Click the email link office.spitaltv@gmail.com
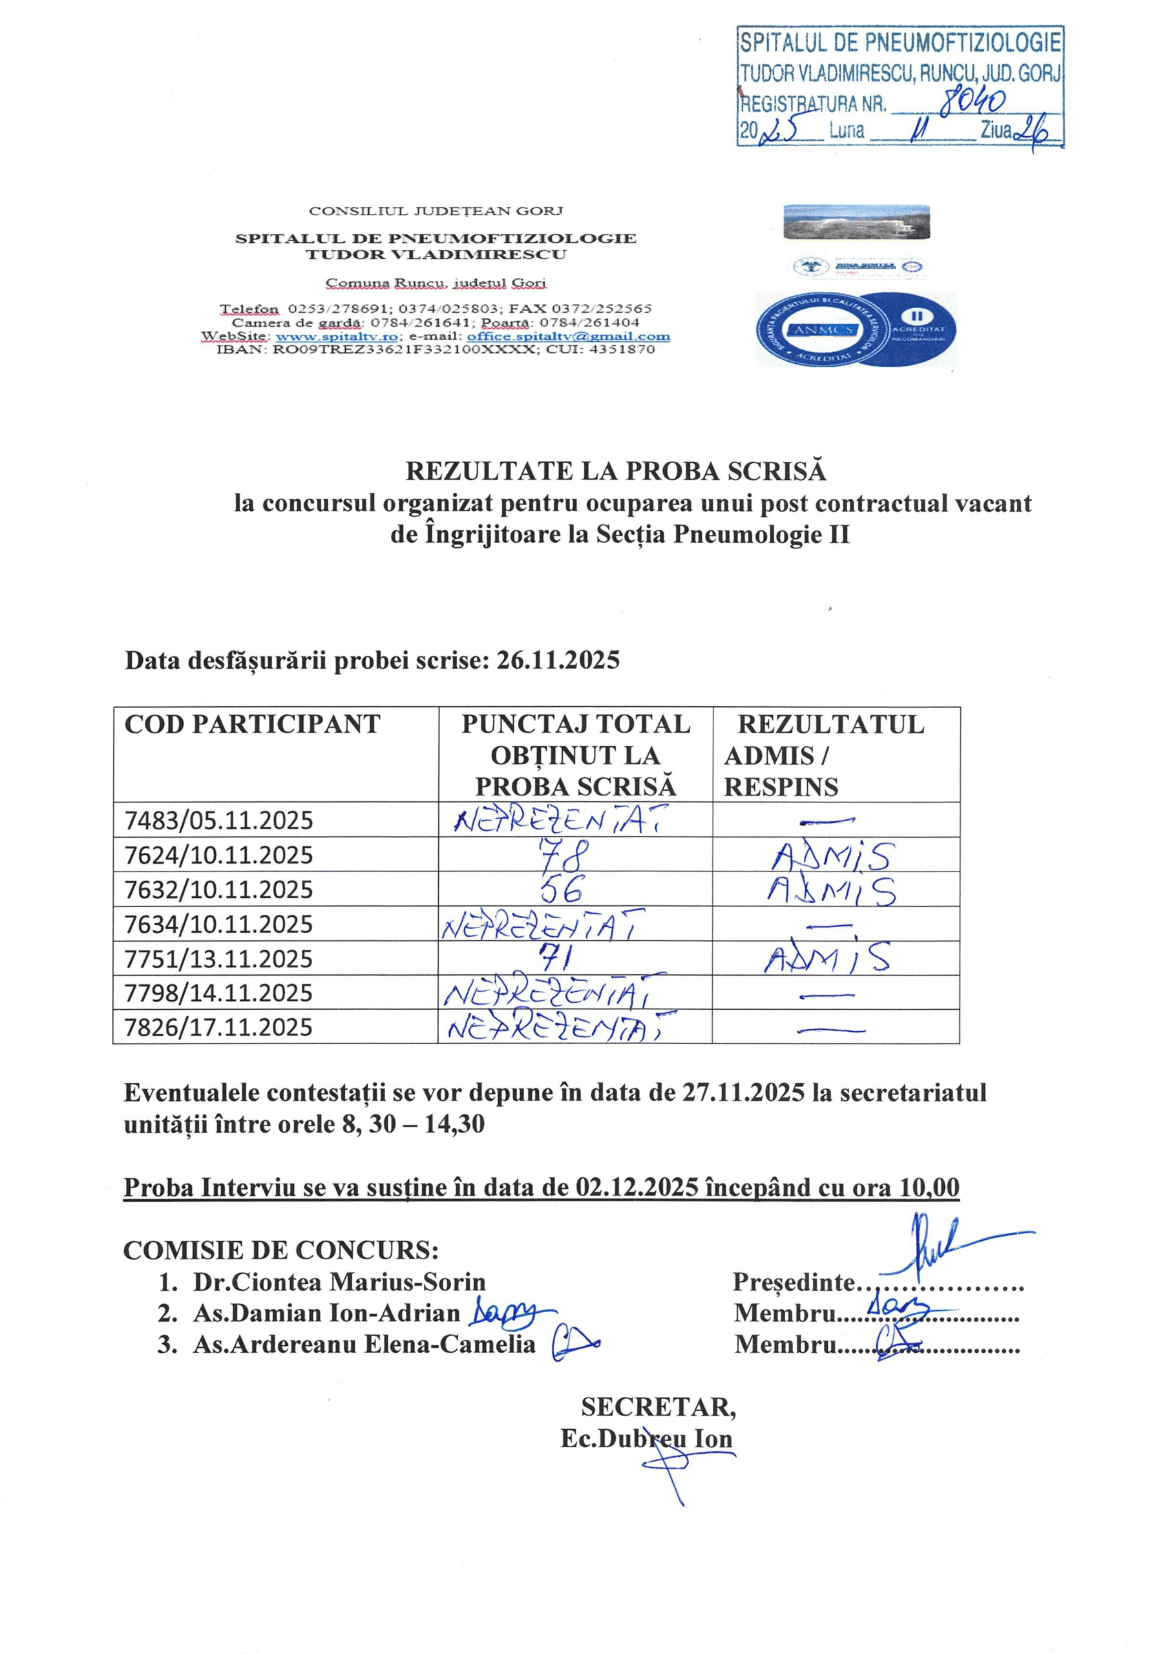point(568,337)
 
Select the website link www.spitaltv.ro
point(337,337)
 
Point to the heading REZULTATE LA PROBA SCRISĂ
point(615,470)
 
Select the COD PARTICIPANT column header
point(252,724)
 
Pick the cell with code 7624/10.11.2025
point(219,855)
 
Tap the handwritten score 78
point(570,855)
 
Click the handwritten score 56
point(562,890)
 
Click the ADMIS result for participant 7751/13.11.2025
point(827,958)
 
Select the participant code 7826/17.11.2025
point(219,1027)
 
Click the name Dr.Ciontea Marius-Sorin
point(339,1282)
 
